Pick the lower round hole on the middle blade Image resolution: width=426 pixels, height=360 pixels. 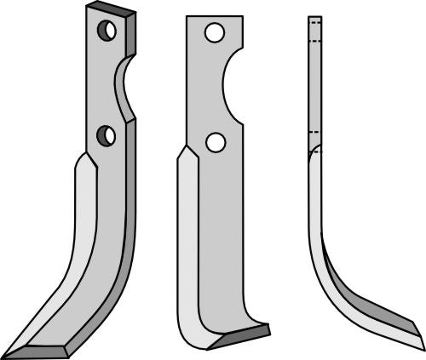tap(216, 142)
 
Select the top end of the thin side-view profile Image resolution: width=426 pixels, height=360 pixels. tap(314, 18)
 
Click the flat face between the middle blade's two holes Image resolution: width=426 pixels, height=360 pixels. tap(213, 89)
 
